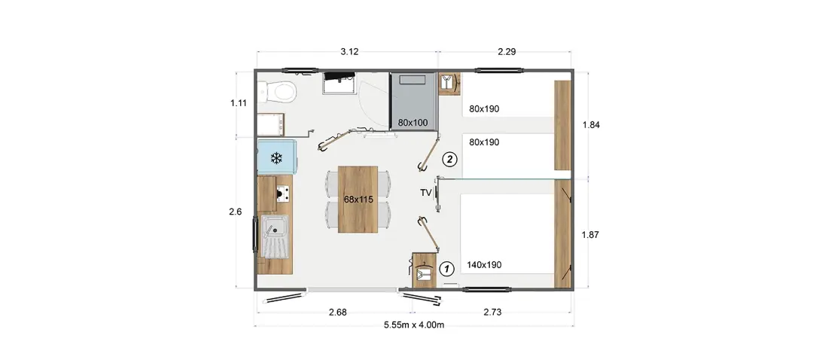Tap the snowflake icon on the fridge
coord(275,157)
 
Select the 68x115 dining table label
coord(358,200)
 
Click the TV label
coord(425,192)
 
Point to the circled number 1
coord(446,269)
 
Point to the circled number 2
coord(449,159)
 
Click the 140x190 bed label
coord(484,265)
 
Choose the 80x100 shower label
coord(413,123)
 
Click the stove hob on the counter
coord(283,194)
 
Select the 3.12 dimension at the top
coord(349,51)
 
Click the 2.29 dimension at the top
coord(507,51)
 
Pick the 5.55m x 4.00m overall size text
coord(414,325)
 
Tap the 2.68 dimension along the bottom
coord(337,312)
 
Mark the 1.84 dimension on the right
coord(591,125)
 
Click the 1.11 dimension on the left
coord(239,103)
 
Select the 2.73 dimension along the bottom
coord(492,312)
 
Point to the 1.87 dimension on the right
coord(590,235)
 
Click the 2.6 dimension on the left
coord(236,212)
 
